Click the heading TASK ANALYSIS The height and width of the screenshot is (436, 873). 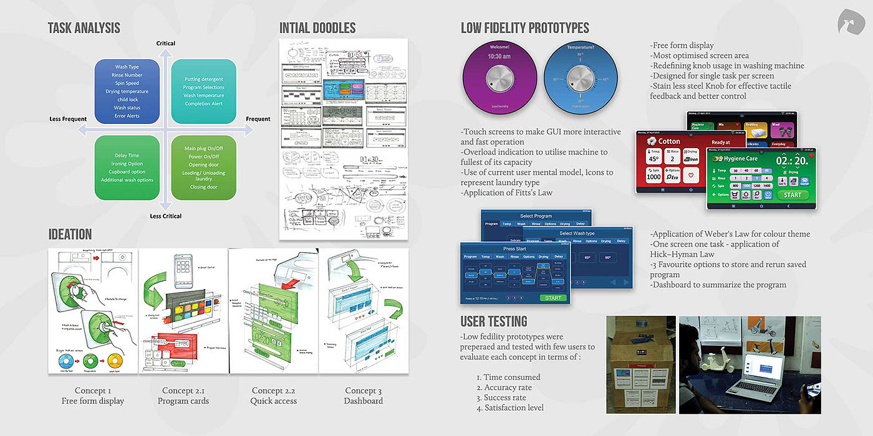84,28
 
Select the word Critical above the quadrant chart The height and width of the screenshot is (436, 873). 166,44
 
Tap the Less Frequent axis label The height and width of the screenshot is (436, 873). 68,119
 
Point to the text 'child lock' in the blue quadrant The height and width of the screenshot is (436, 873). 127,100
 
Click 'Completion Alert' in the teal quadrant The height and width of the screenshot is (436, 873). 204,104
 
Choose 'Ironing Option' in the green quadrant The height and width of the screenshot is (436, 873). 127,164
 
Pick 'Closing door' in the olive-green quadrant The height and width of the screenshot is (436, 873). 204,187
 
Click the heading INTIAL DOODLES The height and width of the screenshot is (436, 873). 317,28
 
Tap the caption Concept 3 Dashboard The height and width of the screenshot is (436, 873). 364,396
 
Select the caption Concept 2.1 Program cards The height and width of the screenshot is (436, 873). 183,396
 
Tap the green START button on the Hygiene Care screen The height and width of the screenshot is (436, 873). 793,195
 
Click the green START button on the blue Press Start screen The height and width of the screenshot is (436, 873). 552,298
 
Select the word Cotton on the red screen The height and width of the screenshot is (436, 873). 669,141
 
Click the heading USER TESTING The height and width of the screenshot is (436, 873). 494,321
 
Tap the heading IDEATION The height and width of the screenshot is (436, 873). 70,234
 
